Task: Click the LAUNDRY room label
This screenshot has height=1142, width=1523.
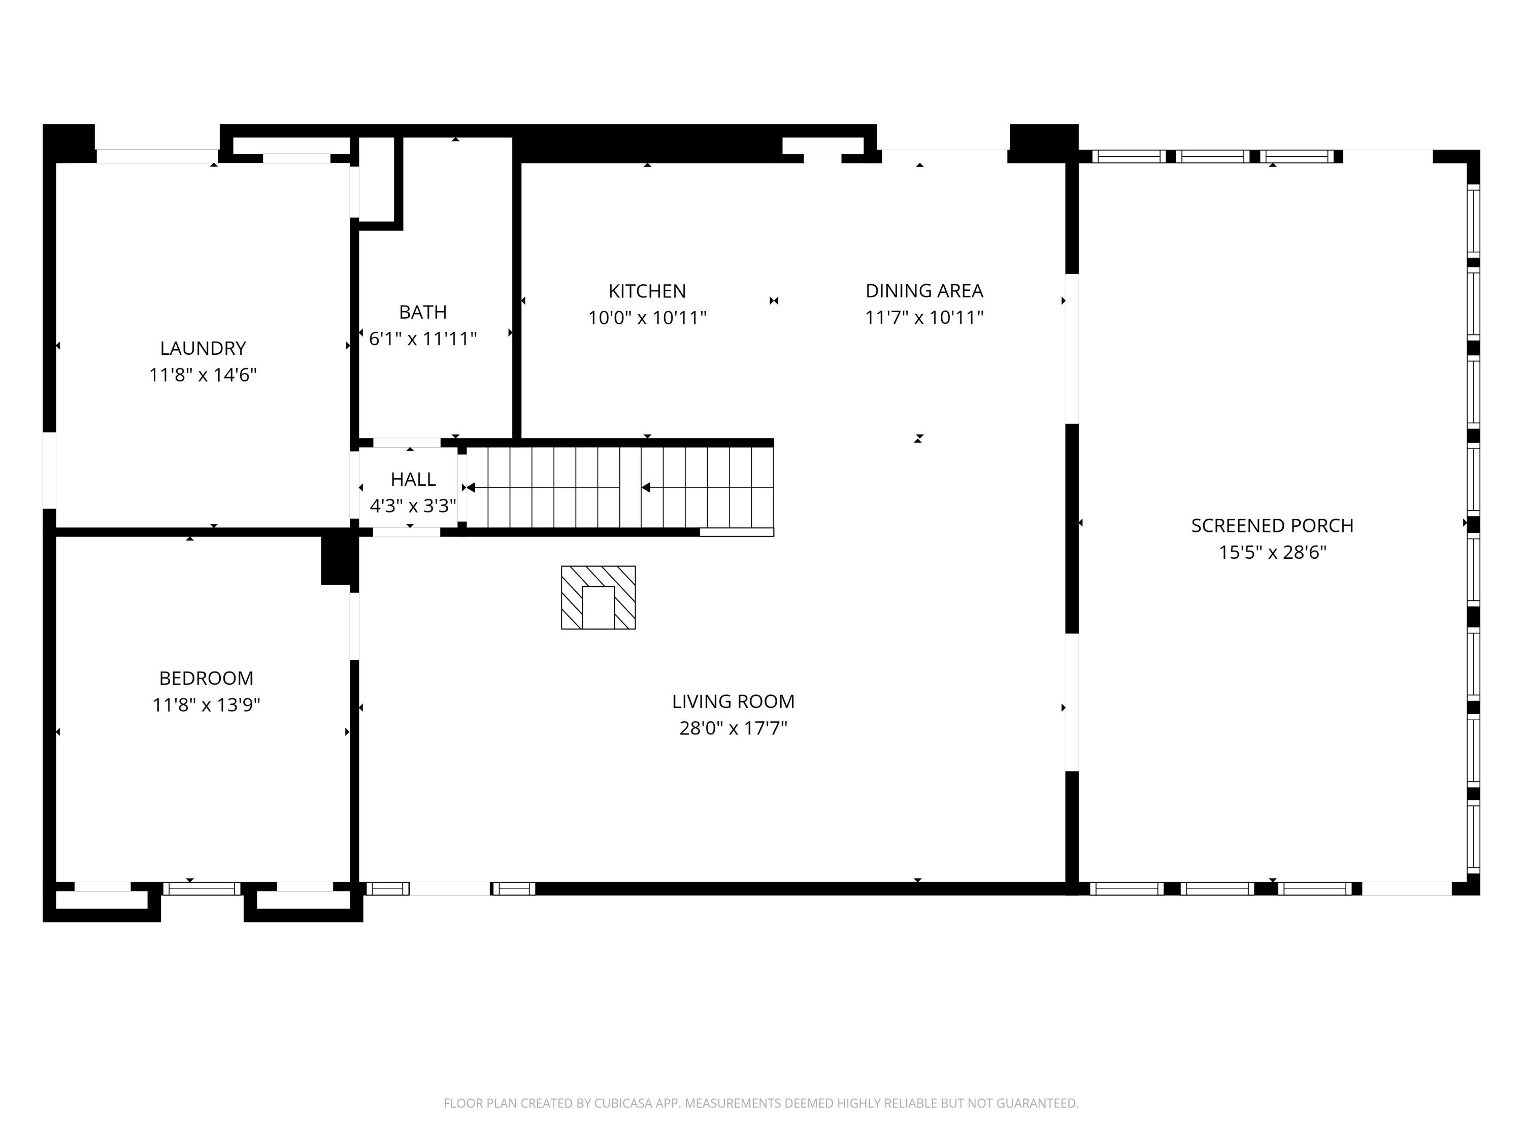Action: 203,348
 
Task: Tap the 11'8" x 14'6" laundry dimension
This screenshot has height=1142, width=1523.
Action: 203,375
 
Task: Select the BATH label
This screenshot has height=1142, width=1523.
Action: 423,313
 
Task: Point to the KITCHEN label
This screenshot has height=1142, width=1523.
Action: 647,291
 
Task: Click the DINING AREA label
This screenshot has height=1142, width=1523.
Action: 924,291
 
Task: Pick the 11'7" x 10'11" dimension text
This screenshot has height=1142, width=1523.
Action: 924,318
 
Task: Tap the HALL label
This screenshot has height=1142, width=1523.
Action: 413,479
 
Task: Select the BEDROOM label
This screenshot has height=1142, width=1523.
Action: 206,678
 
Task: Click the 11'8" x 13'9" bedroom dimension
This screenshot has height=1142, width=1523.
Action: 206,705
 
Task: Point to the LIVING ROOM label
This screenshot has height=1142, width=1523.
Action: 733,701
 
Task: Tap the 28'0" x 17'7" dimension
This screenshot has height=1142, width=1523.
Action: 733,728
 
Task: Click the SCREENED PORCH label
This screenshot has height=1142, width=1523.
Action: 1272,526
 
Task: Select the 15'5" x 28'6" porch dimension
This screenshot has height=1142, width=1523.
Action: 1272,553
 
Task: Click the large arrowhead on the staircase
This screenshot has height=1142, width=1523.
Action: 645,487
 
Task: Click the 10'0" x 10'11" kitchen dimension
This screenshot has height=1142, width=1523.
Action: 647,318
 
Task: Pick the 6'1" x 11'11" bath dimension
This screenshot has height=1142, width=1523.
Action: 423,340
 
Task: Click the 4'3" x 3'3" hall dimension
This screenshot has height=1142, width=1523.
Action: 413,506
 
